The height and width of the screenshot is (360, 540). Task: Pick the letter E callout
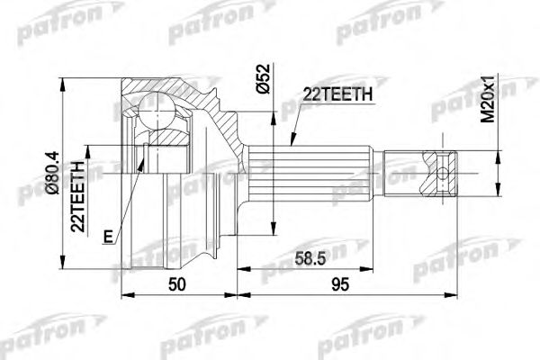click(108, 237)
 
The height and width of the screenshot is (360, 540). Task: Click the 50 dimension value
click(179, 285)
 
